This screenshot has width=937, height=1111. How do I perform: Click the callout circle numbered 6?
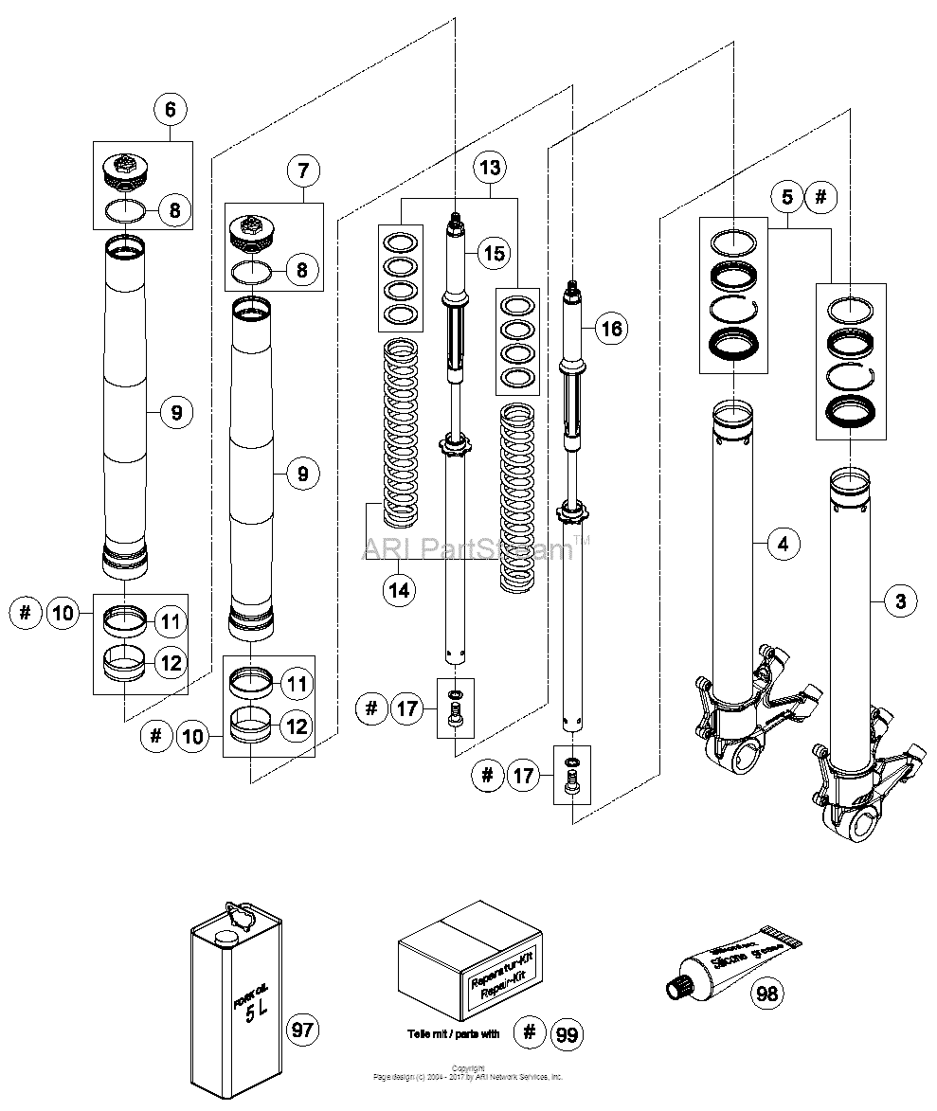click(x=171, y=110)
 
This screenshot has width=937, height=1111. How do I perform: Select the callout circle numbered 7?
click(x=302, y=171)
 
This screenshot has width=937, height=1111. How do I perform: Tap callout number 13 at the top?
click(x=490, y=168)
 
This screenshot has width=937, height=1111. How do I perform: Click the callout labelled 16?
click(x=611, y=329)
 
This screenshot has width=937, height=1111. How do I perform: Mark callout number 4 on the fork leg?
click(x=783, y=544)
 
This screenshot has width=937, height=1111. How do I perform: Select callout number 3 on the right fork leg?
click(x=900, y=600)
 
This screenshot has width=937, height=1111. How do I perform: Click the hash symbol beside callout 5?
click(x=821, y=198)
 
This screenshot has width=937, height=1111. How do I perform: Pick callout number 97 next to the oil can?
click(x=304, y=1029)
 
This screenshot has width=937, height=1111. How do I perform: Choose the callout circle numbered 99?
click(x=567, y=1034)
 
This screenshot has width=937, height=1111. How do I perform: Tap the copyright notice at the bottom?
click(x=468, y=1073)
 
